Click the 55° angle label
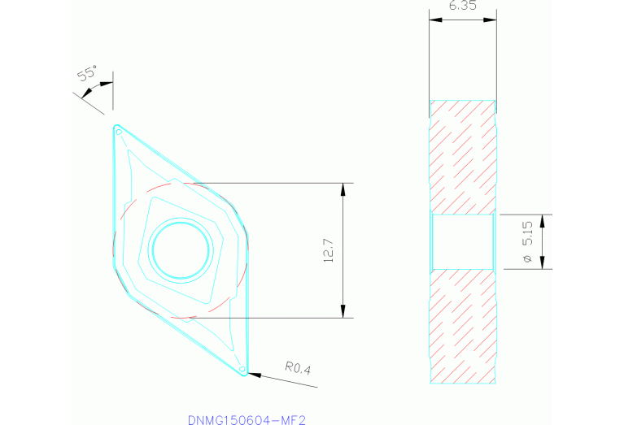(x=87, y=74)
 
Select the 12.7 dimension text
(x=327, y=250)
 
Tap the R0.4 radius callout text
(x=297, y=368)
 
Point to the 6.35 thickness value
(x=461, y=7)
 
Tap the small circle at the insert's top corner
(x=119, y=131)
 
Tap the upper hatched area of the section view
(x=461, y=154)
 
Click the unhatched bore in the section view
(x=461, y=241)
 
